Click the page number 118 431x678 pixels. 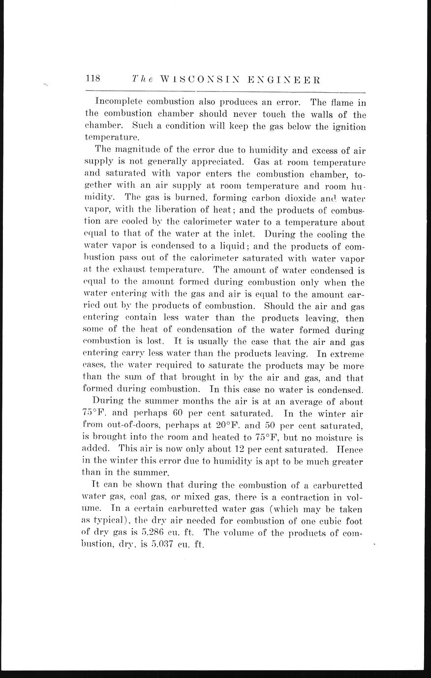93,79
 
